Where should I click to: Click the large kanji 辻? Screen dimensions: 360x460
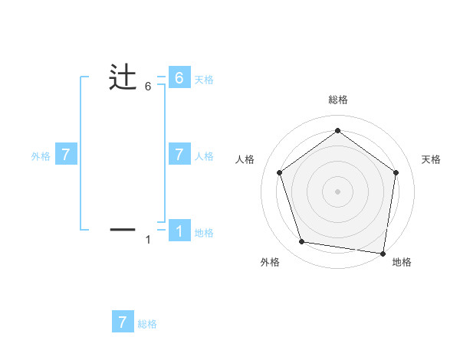tap(123, 78)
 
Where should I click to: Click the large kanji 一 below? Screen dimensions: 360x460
tap(123, 228)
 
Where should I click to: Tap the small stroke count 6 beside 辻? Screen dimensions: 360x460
tap(148, 87)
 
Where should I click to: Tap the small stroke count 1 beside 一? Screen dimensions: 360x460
tap(148, 240)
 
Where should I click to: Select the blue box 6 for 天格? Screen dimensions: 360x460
tap(179, 78)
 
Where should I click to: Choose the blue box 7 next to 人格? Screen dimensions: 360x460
tap(179, 155)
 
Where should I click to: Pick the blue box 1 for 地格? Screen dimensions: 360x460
tap(179, 231)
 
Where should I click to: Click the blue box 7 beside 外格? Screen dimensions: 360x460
tap(66, 155)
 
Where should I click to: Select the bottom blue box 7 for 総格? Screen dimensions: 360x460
tap(123, 322)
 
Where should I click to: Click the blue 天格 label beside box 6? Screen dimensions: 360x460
tap(204, 80)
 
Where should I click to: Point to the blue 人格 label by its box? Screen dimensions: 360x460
tap(204, 156)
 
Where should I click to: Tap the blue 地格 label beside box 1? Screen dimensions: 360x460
tap(204, 233)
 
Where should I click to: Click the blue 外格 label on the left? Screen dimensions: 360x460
tap(41, 156)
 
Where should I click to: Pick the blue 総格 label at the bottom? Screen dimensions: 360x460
tap(147, 324)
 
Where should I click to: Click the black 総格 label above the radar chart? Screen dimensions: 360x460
tap(337, 100)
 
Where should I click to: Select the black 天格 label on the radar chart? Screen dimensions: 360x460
tap(431, 159)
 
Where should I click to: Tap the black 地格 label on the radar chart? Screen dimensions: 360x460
tap(402, 262)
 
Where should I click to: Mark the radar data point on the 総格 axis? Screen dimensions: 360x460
tap(337, 131)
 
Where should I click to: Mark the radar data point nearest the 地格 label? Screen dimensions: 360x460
tap(382, 253)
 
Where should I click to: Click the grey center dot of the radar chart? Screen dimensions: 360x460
tap(337, 191)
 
